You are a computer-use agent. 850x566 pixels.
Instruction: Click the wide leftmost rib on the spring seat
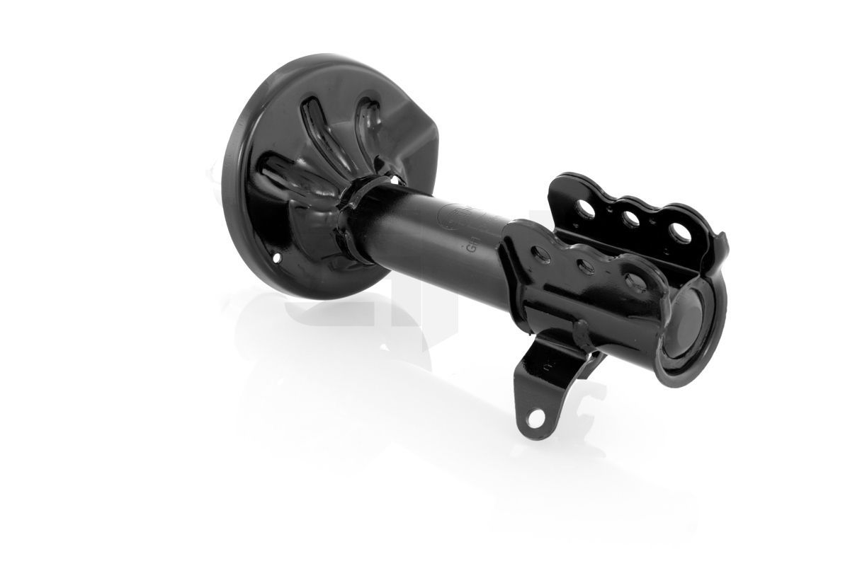click(x=283, y=177)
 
